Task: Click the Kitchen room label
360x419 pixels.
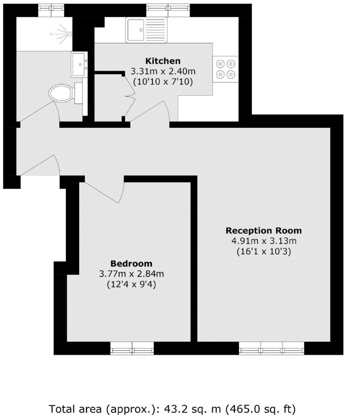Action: tap(163, 61)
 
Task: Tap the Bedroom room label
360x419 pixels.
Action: tap(131, 263)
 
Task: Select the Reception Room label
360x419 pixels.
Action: tap(263, 231)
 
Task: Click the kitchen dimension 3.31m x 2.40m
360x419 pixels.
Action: tap(163, 72)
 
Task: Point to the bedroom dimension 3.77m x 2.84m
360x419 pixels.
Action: tap(131, 274)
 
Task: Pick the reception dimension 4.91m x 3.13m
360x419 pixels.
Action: tap(263, 241)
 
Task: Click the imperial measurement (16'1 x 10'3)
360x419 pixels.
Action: tap(263, 252)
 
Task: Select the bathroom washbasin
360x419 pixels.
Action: tap(79, 64)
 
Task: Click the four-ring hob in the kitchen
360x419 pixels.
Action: tap(225, 69)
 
